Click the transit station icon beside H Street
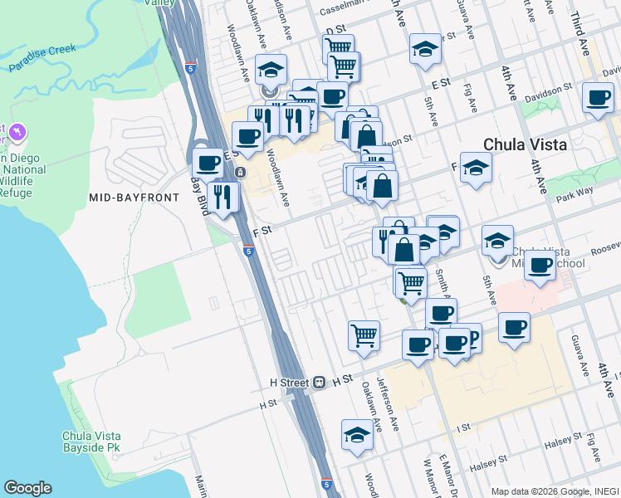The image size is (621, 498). pos(318,383)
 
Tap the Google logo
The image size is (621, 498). pos(27,488)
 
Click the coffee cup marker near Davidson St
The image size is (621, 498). pos(597,99)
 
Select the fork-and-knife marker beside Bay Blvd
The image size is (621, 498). pos(222,197)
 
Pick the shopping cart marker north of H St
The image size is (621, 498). pos(364,335)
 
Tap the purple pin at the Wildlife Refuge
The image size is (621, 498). pos(18,132)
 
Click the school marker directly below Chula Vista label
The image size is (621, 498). pos(476,168)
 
